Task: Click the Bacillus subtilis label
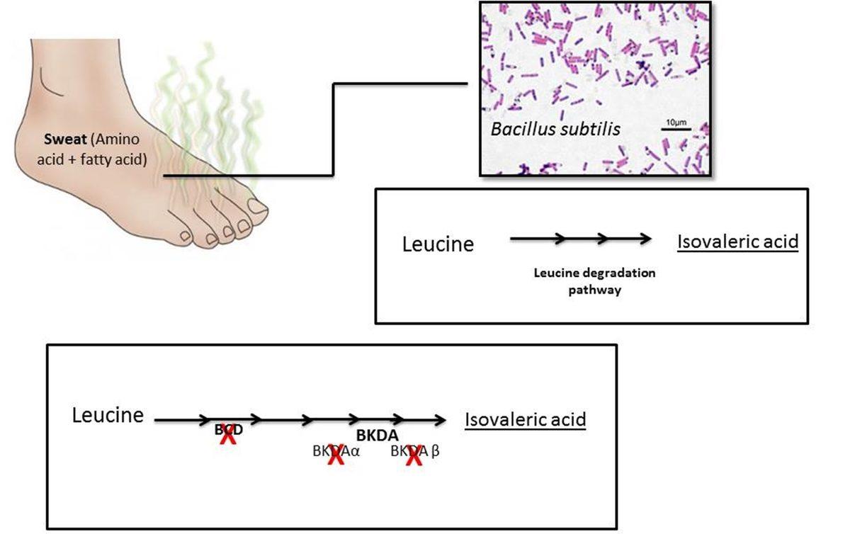(555, 129)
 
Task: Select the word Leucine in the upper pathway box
(438, 245)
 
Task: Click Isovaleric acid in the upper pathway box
(738, 242)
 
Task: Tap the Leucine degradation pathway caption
(594, 281)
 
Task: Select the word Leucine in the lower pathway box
(108, 415)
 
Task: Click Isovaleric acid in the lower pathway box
(526, 419)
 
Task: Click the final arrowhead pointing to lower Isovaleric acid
(441, 420)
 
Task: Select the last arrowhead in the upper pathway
(645, 239)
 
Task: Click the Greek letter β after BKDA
(436, 451)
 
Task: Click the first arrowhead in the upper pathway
(561, 239)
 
